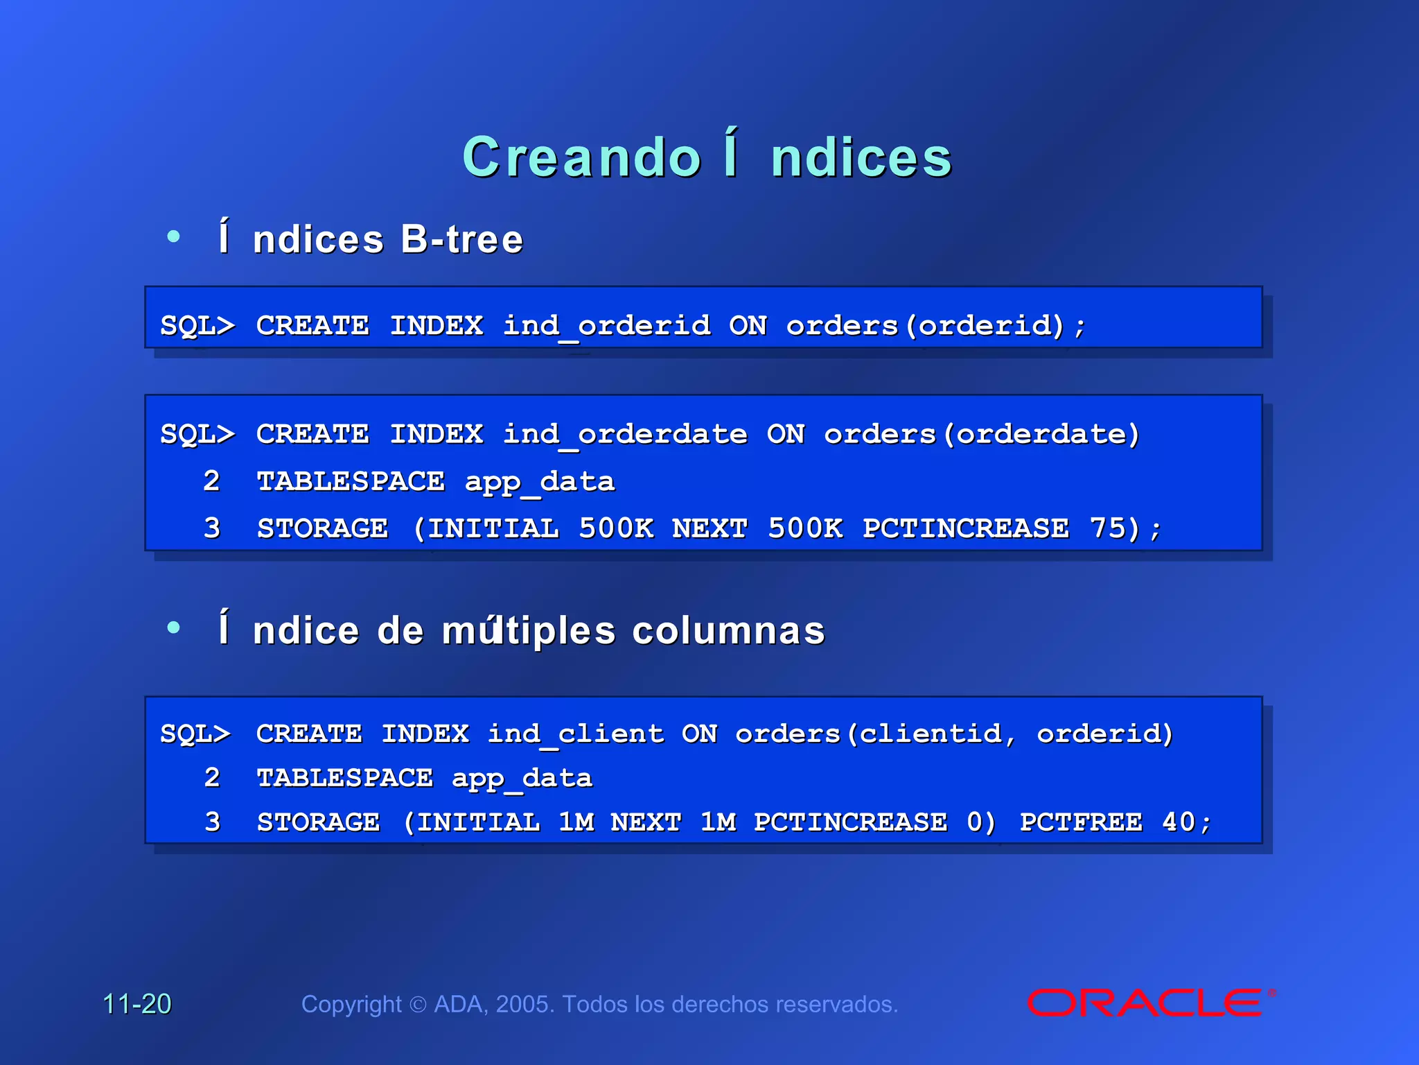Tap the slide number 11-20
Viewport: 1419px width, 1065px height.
137,1004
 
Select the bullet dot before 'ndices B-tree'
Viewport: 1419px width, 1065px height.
173,237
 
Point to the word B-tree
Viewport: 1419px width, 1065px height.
462,240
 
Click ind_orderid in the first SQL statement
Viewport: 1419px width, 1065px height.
607,326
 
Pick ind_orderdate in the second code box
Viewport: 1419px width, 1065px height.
625,435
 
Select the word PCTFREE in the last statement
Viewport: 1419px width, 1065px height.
1081,822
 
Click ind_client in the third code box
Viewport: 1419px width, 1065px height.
576,734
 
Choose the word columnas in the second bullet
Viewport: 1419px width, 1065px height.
728,631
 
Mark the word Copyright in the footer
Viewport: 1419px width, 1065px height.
351,1004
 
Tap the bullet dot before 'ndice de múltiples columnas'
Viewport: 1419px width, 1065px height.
173,628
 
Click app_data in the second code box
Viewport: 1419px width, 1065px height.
540,482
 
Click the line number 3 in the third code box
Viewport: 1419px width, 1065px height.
212,822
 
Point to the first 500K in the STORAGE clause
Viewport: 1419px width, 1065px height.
616,528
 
